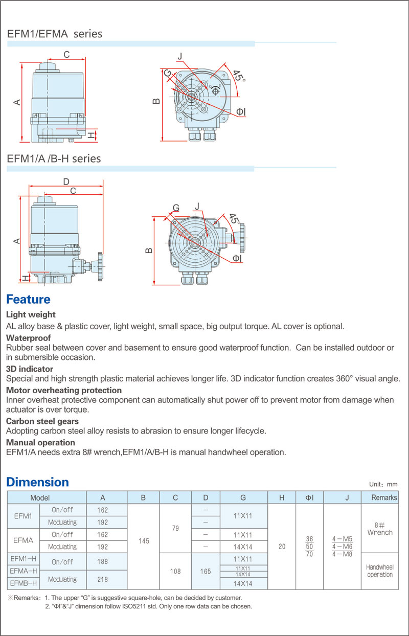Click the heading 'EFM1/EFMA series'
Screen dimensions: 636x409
point(55,34)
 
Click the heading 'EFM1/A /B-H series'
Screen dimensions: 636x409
point(54,158)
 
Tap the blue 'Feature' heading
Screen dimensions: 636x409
point(28,299)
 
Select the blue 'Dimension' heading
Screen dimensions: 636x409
point(37,482)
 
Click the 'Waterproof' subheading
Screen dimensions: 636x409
point(28,338)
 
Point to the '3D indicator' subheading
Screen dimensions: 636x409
point(30,369)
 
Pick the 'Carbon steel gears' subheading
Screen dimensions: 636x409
point(42,421)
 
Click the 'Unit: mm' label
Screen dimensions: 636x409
point(383,484)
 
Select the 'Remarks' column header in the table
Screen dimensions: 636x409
point(384,497)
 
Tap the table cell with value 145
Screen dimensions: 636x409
point(144,540)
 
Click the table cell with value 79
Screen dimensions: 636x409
point(175,528)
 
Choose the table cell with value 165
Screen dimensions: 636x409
point(206,571)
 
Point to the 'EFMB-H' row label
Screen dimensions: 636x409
point(24,583)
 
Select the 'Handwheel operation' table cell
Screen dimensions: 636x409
point(380,571)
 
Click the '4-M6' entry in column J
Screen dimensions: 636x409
point(342,547)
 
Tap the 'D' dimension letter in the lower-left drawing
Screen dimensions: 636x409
point(66,182)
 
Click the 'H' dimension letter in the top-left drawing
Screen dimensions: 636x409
point(90,135)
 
